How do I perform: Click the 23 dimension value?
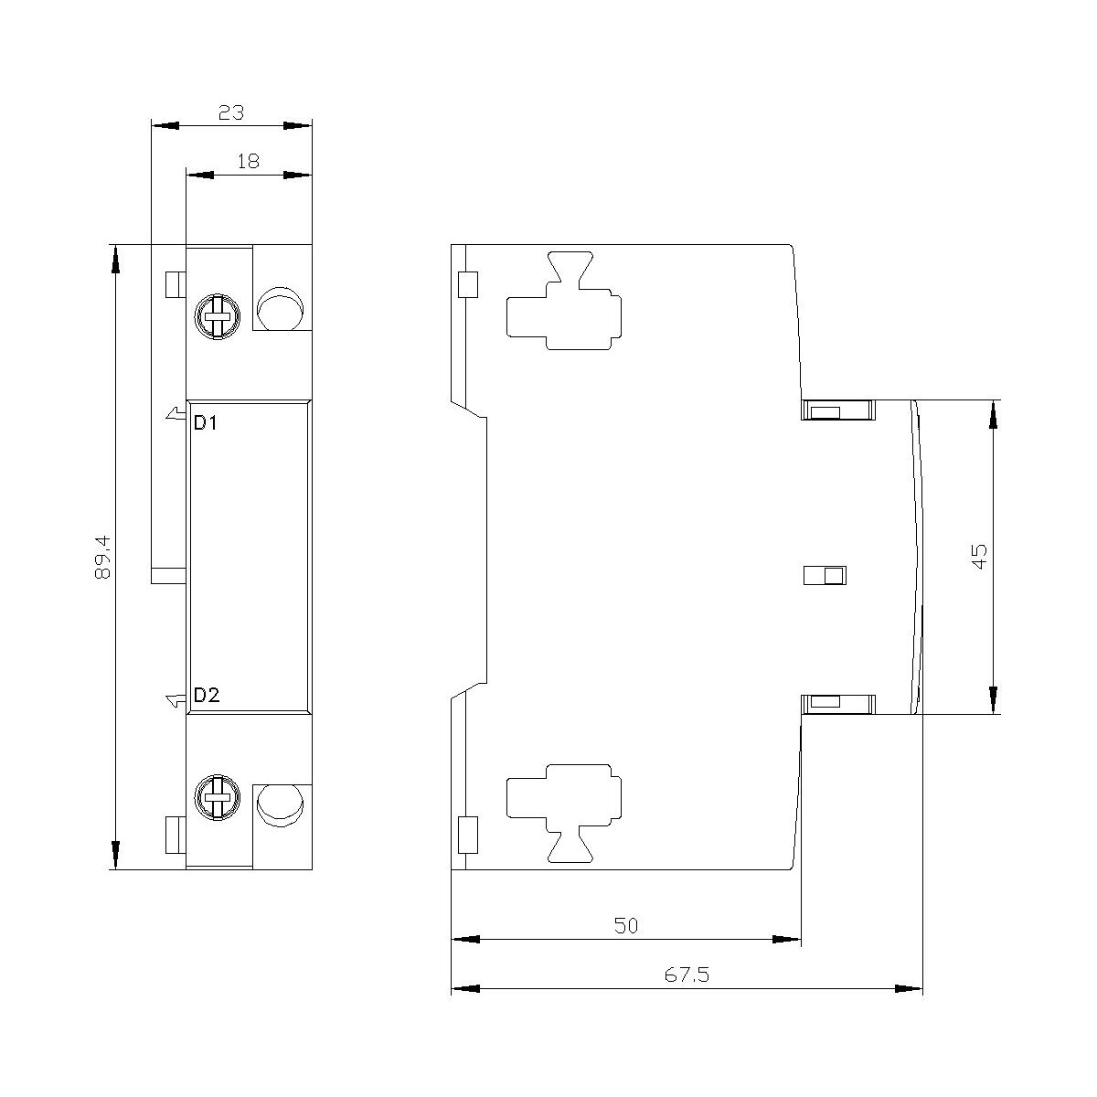point(231,112)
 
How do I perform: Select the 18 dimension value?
point(249,162)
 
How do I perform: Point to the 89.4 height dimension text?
point(102,557)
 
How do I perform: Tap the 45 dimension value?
point(980,556)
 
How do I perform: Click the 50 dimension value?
point(626,926)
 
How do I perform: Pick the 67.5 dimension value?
point(687,975)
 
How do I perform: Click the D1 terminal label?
point(206,423)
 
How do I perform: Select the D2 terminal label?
point(206,695)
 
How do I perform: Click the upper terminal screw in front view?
point(217,316)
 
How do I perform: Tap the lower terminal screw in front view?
point(217,797)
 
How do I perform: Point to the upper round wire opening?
point(280,309)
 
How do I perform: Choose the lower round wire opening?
point(280,805)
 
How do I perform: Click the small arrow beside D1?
point(176,414)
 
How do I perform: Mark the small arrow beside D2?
point(176,701)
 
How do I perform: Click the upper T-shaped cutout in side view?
point(564,302)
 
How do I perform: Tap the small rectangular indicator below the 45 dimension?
point(825,575)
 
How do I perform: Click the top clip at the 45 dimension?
point(837,410)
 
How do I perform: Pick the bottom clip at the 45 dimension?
point(837,704)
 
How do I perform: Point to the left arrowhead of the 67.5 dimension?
point(465,988)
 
